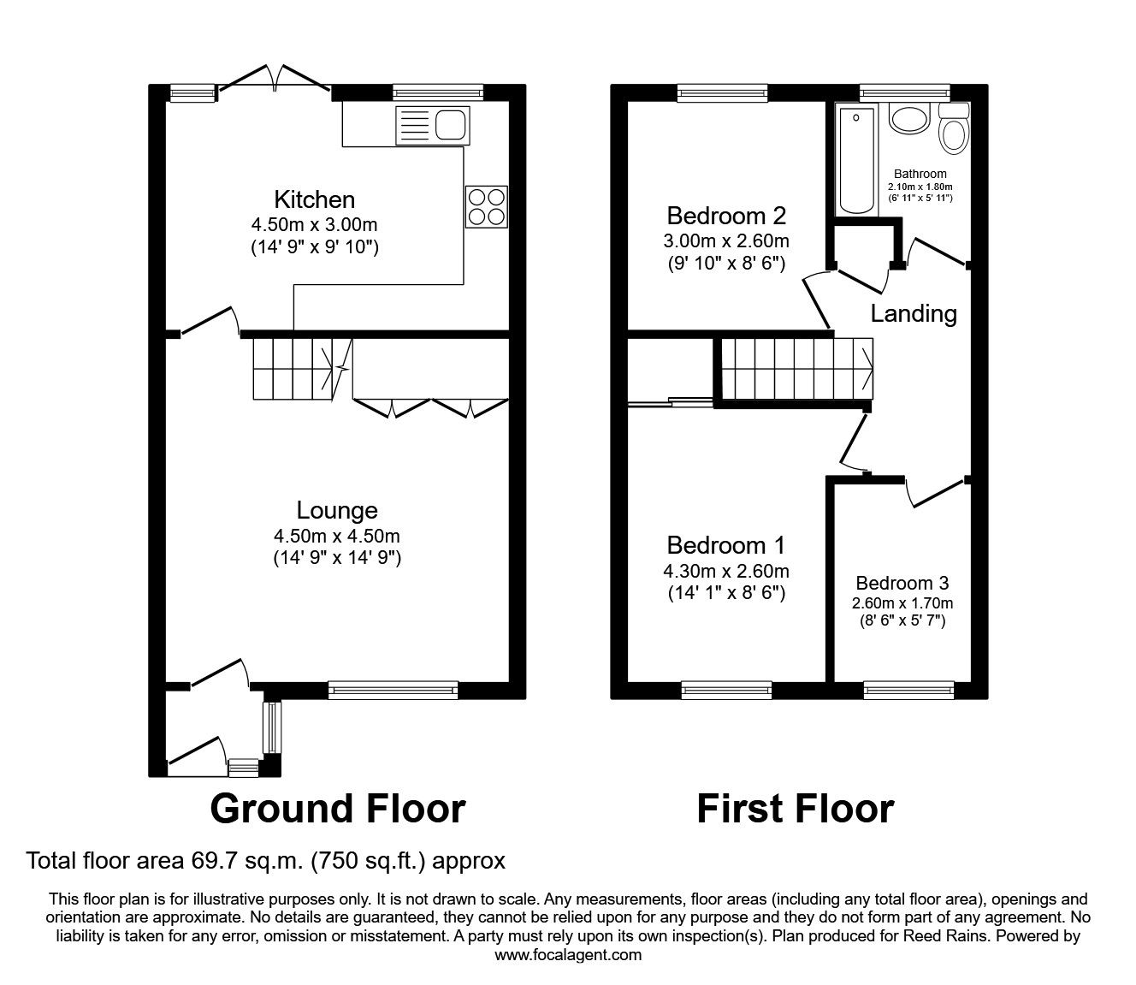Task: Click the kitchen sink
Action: tap(432, 125)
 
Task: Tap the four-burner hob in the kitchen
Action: tap(486, 206)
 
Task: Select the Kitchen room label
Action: tap(314, 199)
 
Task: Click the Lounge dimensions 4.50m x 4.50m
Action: tap(337, 537)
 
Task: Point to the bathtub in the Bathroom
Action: tap(856, 160)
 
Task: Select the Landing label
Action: tap(913, 313)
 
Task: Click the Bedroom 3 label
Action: tap(902, 583)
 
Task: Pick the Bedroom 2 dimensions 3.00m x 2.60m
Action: tap(726, 240)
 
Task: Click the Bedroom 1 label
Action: tap(725, 545)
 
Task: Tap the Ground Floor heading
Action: tap(337, 808)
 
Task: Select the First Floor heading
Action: tap(795, 808)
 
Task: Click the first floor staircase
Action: tap(796, 369)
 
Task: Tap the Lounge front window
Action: tap(393, 687)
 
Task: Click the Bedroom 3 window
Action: tap(907, 687)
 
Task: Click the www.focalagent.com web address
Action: tap(568, 954)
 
